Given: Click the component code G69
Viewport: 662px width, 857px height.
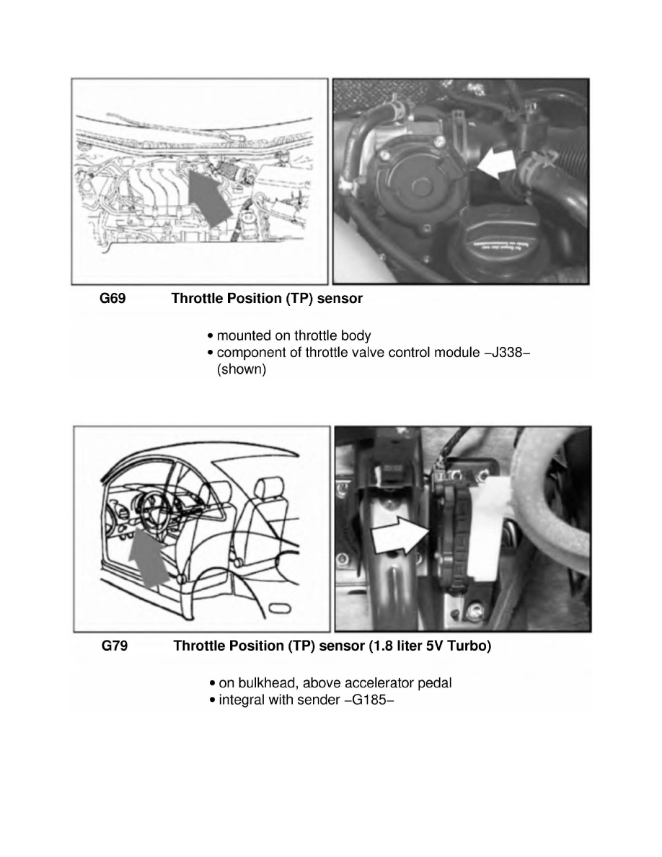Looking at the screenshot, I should tap(112, 298).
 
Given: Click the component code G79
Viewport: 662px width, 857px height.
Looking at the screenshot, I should tap(114, 646).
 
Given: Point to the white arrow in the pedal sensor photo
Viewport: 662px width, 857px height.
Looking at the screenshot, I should tap(399, 537).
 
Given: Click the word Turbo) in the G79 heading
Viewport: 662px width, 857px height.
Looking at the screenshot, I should tap(468, 646).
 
